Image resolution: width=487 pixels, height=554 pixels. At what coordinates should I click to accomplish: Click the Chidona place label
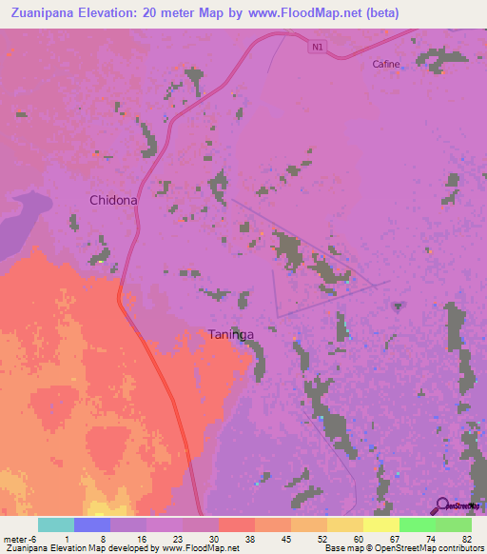113,200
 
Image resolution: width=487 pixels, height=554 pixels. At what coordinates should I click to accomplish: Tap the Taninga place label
230,334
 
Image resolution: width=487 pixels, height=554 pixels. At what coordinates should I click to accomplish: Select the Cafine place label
385,64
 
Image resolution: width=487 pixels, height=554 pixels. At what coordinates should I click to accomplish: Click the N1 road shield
317,46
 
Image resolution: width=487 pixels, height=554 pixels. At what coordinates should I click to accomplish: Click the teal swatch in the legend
56,524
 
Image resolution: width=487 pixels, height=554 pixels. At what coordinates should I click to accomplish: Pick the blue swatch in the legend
92,524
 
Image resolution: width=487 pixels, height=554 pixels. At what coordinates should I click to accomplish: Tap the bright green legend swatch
418,524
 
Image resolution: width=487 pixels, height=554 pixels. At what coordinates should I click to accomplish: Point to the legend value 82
466,538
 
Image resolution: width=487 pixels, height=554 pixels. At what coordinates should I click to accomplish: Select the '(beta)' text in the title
379,12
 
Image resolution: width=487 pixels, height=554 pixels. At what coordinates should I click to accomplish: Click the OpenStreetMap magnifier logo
440,505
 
